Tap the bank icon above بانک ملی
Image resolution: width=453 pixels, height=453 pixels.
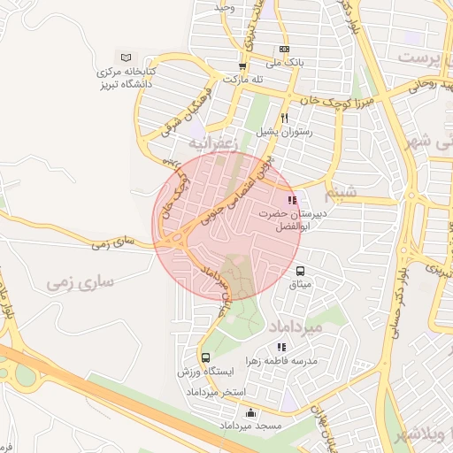284,50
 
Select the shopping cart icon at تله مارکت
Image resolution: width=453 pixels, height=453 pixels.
242,65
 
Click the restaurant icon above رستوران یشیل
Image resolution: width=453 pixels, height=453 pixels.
284,117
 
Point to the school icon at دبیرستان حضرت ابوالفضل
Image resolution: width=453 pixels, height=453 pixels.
293,200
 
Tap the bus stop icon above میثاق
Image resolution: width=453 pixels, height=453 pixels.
301,271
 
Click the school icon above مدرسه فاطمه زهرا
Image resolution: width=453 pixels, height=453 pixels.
281,348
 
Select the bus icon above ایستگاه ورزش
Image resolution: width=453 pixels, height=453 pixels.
206,358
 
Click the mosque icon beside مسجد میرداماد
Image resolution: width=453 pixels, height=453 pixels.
250,412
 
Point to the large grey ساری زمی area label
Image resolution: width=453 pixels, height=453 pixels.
84,284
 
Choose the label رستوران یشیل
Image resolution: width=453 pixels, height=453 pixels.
285,131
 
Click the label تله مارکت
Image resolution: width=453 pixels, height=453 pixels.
244,80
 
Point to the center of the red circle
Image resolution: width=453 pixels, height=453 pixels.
228,226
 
